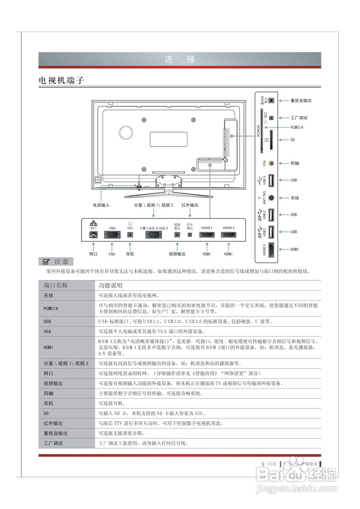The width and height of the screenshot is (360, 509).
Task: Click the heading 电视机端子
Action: click(x=62, y=80)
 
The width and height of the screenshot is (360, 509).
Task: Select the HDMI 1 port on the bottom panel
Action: click(x=207, y=235)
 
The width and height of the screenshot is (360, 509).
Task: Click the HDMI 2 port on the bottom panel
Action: click(x=228, y=235)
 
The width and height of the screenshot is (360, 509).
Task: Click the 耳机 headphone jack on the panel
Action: click(x=130, y=235)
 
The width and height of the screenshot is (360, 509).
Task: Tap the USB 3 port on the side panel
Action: click(x=271, y=181)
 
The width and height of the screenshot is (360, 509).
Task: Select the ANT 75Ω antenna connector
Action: click(x=271, y=198)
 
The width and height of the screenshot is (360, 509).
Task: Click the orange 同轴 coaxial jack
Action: click(x=271, y=163)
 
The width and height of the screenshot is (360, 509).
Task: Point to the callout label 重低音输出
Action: click(x=301, y=101)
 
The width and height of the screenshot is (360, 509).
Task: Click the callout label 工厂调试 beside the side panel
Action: click(x=299, y=118)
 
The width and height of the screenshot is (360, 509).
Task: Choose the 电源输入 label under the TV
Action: click(x=101, y=205)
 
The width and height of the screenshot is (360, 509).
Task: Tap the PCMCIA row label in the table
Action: click(x=51, y=308)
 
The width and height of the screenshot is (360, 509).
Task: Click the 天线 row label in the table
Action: click(x=48, y=296)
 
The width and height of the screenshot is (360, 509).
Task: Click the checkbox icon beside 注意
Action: click(x=46, y=261)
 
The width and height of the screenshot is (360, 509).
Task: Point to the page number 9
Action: click(x=263, y=464)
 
